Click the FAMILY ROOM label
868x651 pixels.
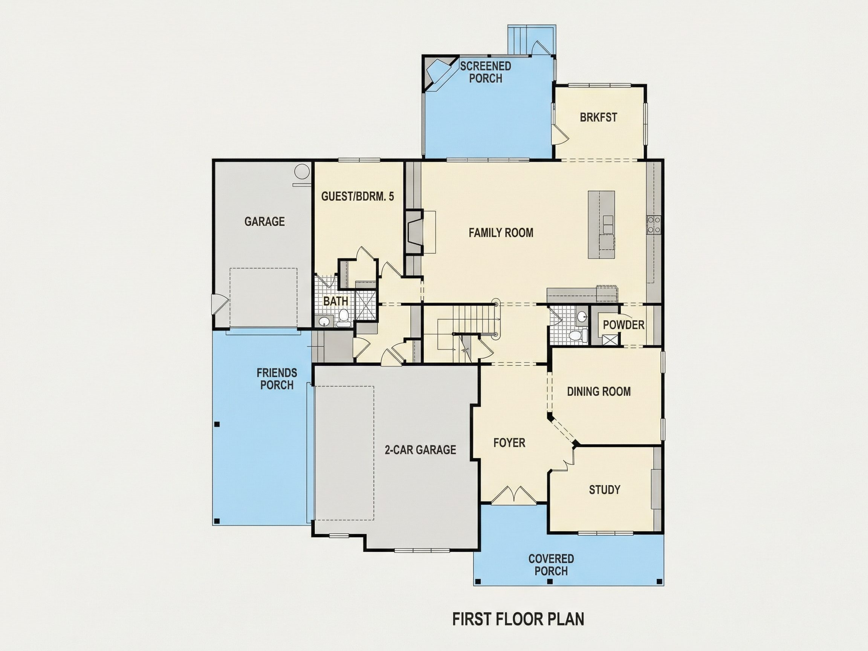point(501,233)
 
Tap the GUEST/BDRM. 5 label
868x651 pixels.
point(358,196)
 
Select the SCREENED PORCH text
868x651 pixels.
point(485,72)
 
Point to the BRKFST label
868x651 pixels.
point(598,117)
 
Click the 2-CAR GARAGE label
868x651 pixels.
point(420,450)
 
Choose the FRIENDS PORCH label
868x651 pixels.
point(277,379)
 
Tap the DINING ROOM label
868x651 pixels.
point(599,391)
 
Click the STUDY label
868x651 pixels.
point(605,490)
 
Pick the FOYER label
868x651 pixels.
point(509,443)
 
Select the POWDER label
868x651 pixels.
point(623,325)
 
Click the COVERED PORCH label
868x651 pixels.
point(551,565)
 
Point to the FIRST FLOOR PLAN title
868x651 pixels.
point(518,619)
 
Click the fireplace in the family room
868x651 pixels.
point(414,233)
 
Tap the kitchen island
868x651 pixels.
point(601,225)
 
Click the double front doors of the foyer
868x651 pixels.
point(513,495)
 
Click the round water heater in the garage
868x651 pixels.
point(302,172)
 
